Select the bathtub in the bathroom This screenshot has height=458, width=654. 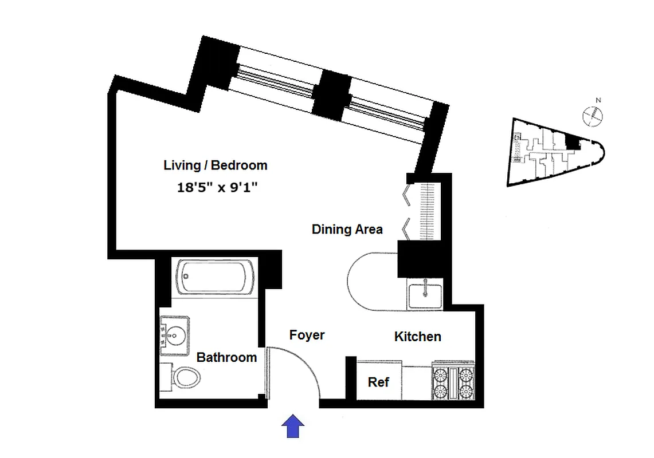pos(215,277)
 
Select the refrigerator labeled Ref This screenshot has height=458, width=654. pos(378,382)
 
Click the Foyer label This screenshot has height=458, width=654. pos(307,335)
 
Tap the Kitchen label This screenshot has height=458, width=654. pos(417,337)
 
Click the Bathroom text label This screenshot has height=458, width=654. pos(226,357)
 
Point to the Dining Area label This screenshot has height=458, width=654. pos(347,229)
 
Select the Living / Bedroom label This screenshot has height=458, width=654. pos(216,165)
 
